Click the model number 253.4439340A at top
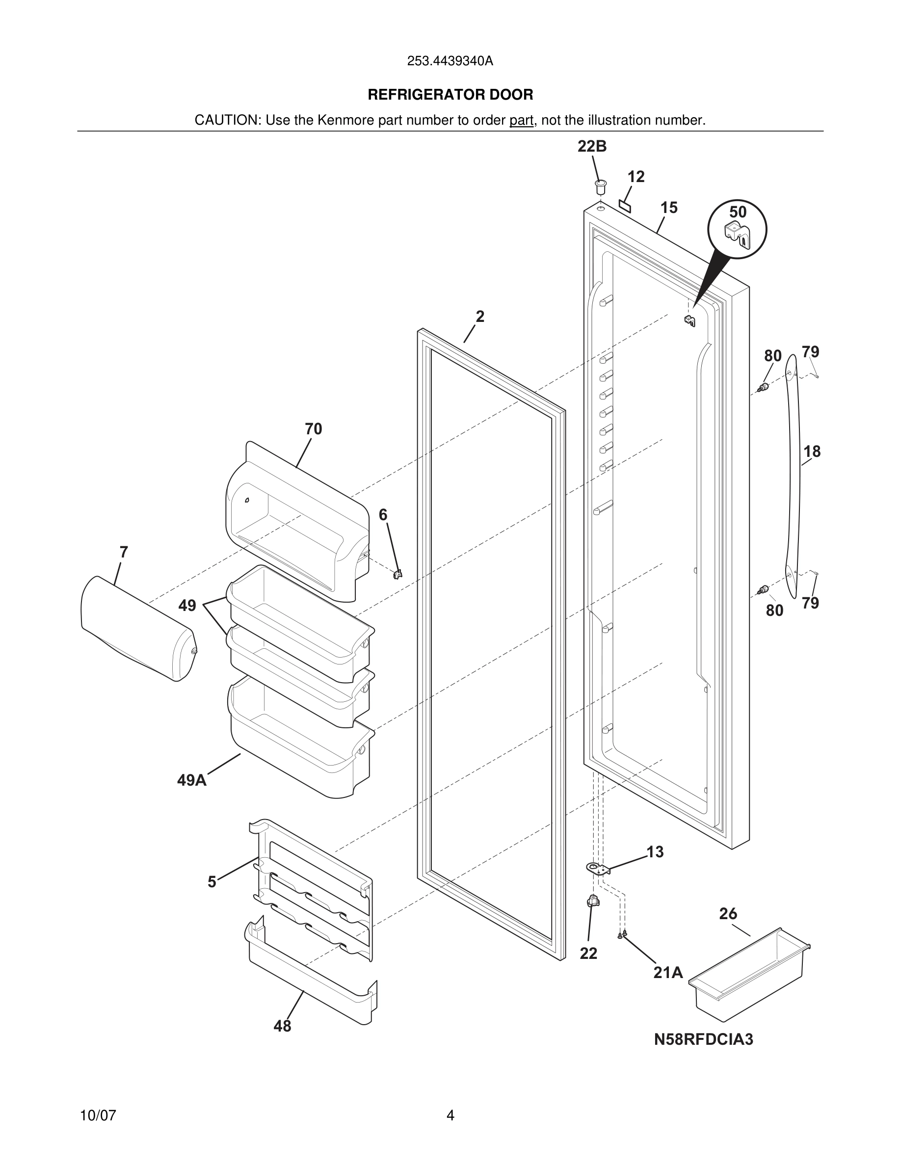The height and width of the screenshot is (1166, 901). pos(450,61)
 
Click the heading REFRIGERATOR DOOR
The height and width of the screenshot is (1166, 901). pos(450,95)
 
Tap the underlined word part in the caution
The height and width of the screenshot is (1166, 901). pos(521,121)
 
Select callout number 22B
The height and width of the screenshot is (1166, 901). pos(592,146)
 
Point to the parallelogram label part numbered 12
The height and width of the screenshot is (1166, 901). pos(625,206)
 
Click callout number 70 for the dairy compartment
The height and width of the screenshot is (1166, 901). pos(313,429)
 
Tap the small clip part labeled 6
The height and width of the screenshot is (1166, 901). pos(397,574)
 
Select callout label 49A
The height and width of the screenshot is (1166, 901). pos(191,781)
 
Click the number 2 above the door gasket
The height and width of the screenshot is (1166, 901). pos(480,317)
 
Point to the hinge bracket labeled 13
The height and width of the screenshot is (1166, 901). pos(599,869)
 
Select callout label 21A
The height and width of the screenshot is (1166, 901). pos(668,973)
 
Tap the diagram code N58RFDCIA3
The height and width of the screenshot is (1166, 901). pos(704,1039)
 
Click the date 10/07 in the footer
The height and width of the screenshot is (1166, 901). pos(98,1115)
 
